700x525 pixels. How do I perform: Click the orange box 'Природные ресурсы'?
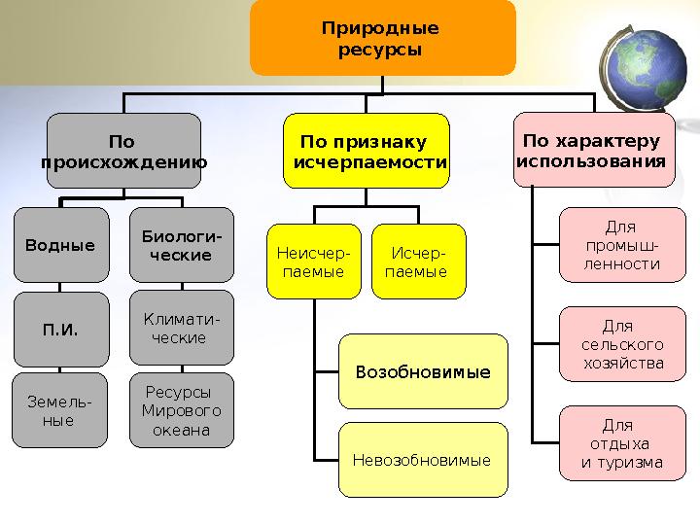tap(382, 38)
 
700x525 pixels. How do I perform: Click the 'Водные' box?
tap(60, 245)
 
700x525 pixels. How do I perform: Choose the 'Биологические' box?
tap(181, 245)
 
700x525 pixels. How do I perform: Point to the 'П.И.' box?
tap(60, 330)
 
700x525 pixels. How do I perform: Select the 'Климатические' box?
tap(181, 329)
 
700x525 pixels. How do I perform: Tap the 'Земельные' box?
tap(60, 411)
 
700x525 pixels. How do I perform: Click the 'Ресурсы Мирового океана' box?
tap(181, 410)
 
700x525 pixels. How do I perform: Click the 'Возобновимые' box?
tap(423, 372)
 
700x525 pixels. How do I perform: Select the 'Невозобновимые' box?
tap(423, 460)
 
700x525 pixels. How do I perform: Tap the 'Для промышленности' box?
tap(622, 245)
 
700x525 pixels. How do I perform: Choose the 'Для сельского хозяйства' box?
tap(622, 344)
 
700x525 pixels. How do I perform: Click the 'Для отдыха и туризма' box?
tap(622, 443)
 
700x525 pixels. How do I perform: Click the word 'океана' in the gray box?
tap(182, 430)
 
